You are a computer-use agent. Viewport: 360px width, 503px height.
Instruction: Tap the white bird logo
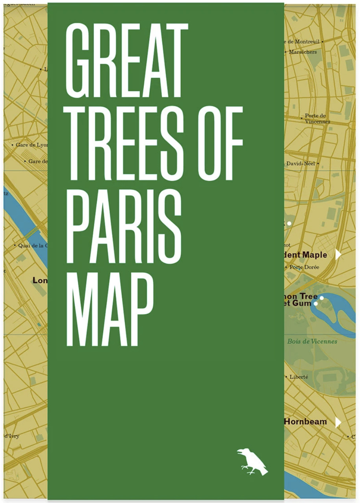click(252, 461)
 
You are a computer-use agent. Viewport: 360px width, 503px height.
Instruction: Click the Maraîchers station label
click(302, 52)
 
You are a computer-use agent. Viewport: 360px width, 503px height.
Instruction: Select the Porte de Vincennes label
click(316, 118)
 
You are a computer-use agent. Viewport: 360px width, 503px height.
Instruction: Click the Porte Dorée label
click(304, 267)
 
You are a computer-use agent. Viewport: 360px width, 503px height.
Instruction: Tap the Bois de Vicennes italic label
click(312, 341)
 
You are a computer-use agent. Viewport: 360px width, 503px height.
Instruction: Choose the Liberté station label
click(299, 377)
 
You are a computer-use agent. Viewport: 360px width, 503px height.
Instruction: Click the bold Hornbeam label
click(306, 422)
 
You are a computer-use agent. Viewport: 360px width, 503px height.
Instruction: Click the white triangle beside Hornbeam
click(338, 422)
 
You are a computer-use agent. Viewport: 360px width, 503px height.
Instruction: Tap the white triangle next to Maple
click(338, 255)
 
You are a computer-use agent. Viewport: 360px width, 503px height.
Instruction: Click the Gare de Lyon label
click(32, 145)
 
